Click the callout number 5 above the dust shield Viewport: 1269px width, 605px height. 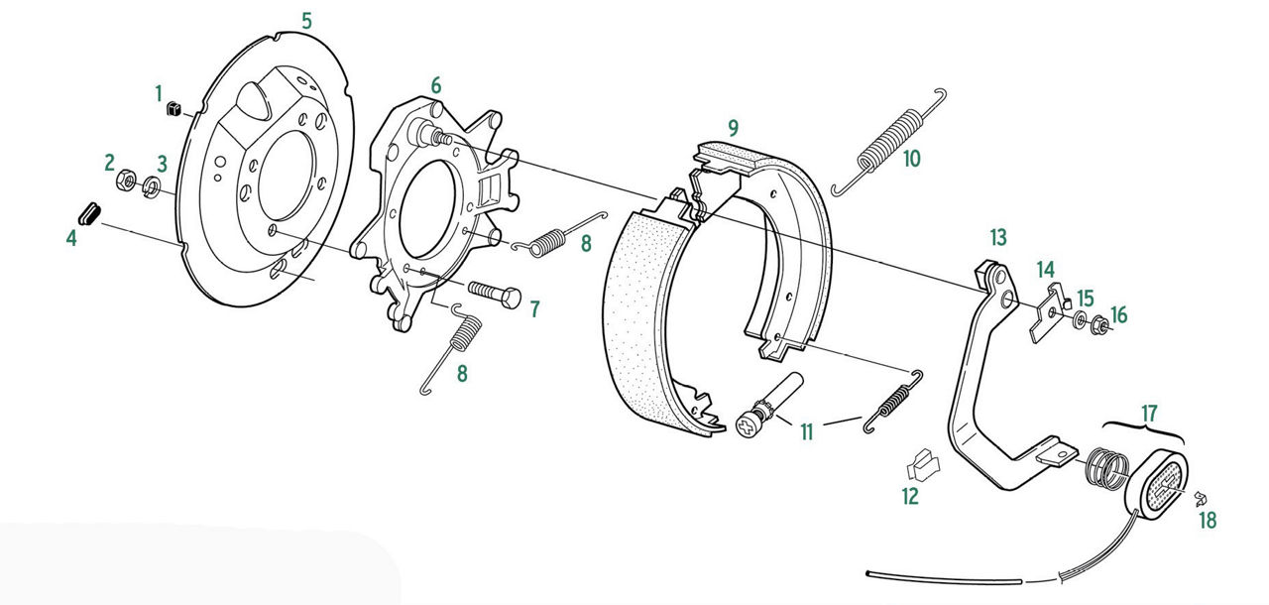click(306, 22)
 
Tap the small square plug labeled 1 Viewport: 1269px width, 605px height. click(173, 108)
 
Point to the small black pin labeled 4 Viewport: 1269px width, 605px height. click(89, 213)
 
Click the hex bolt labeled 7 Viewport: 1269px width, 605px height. click(494, 295)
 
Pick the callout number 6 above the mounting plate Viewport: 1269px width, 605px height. click(435, 85)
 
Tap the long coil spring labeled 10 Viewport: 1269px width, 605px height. click(888, 143)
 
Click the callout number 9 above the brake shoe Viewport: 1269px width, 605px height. click(734, 129)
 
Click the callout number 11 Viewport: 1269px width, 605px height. click(807, 432)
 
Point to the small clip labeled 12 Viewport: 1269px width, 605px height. click(922, 465)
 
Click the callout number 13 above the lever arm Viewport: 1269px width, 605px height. click(998, 237)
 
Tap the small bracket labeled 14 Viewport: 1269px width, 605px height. click(1048, 313)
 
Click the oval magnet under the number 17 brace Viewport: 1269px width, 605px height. click(1156, 483)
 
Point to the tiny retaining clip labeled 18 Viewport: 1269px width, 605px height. click(1200, 499)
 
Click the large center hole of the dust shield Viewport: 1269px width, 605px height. click(287, 176)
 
